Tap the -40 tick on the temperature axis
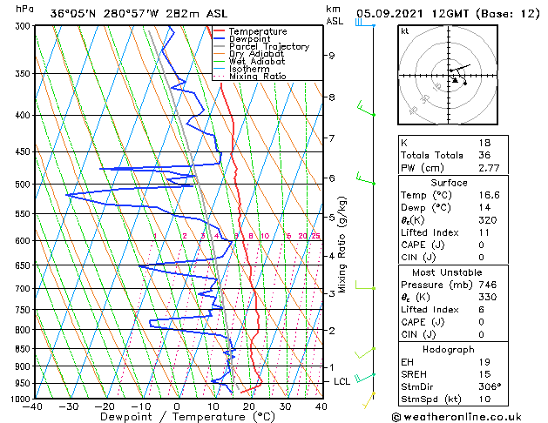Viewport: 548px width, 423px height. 34,406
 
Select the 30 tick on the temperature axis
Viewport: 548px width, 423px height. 285,406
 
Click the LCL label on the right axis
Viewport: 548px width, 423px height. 342,381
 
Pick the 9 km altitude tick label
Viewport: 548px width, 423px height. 331,56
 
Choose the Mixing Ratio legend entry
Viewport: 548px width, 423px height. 257,77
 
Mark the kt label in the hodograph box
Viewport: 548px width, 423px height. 404,31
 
